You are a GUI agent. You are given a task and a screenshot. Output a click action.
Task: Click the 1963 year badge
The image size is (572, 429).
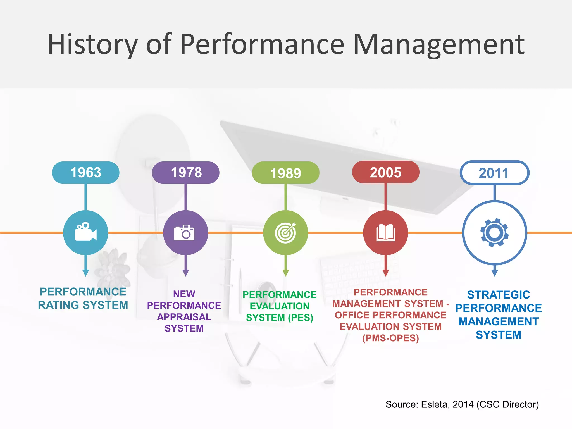tap(85, 172)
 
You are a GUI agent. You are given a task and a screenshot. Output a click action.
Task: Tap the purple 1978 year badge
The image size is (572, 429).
tap(186, 172)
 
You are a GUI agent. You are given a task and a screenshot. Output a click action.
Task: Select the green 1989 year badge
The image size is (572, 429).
tap(285, 173)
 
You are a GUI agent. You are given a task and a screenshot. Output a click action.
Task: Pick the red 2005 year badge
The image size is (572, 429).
tap(385, 172)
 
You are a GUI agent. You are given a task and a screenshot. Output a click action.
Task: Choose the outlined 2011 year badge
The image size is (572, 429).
tap(494, 173)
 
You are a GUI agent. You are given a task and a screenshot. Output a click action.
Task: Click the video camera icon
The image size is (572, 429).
tap(85, 232)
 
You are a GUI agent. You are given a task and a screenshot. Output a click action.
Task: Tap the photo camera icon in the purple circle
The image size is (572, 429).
tap(184, 233)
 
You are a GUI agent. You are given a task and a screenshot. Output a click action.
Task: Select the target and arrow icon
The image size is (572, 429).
tap(285, 233)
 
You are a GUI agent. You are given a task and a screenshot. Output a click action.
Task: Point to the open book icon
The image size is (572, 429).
tap(385, 233)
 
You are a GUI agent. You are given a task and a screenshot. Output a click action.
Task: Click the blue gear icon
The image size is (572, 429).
tap(494, 233)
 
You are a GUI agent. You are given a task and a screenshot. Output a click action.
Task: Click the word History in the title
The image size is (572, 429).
tap(92, 45)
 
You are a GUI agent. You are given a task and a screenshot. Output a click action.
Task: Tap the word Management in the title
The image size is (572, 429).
tap(438, 45)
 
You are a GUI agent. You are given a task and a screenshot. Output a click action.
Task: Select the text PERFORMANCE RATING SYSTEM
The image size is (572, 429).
tap(83, 298)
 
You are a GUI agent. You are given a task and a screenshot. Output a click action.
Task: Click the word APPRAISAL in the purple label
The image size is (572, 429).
tap(184, 317)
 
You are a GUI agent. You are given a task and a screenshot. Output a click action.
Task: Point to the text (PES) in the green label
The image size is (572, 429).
tap(302, 318)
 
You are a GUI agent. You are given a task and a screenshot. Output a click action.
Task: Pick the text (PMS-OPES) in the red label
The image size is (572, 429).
tap(390, 338)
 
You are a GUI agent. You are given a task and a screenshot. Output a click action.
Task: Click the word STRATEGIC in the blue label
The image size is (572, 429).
tap(499, 295)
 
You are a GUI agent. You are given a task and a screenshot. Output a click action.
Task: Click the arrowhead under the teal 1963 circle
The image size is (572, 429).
tap(85, 273)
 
